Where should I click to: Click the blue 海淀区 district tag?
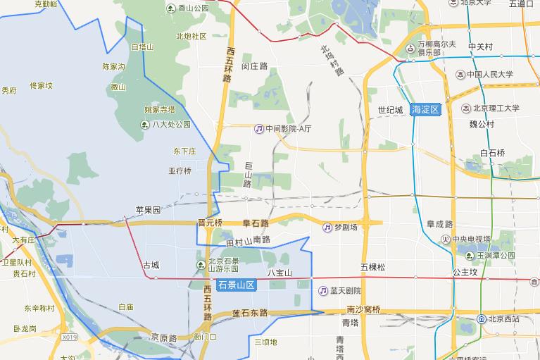426,109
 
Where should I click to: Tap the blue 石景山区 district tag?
236,285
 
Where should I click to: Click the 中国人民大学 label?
489,74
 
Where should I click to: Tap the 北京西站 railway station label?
501,318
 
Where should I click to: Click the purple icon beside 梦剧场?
328,228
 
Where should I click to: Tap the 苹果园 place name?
149,210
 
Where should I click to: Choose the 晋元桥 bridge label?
210,223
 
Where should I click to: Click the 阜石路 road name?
256,223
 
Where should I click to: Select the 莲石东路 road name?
250,312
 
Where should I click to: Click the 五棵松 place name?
373,267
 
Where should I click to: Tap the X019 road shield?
69,337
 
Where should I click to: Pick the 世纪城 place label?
390,110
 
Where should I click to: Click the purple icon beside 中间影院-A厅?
259,129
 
